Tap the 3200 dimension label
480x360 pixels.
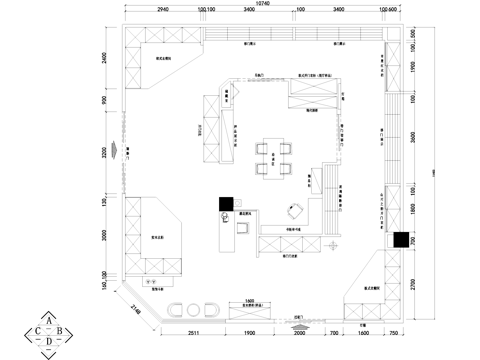[x=105, y=155]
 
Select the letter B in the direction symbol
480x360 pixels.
[x=60, y=330]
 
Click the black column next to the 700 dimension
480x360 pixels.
[x=400, y=239]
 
